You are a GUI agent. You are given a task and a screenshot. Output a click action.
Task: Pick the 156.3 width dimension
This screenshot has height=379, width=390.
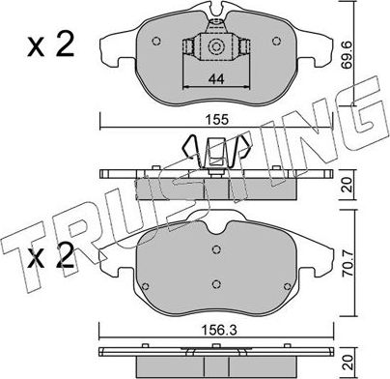coord(223,328)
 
